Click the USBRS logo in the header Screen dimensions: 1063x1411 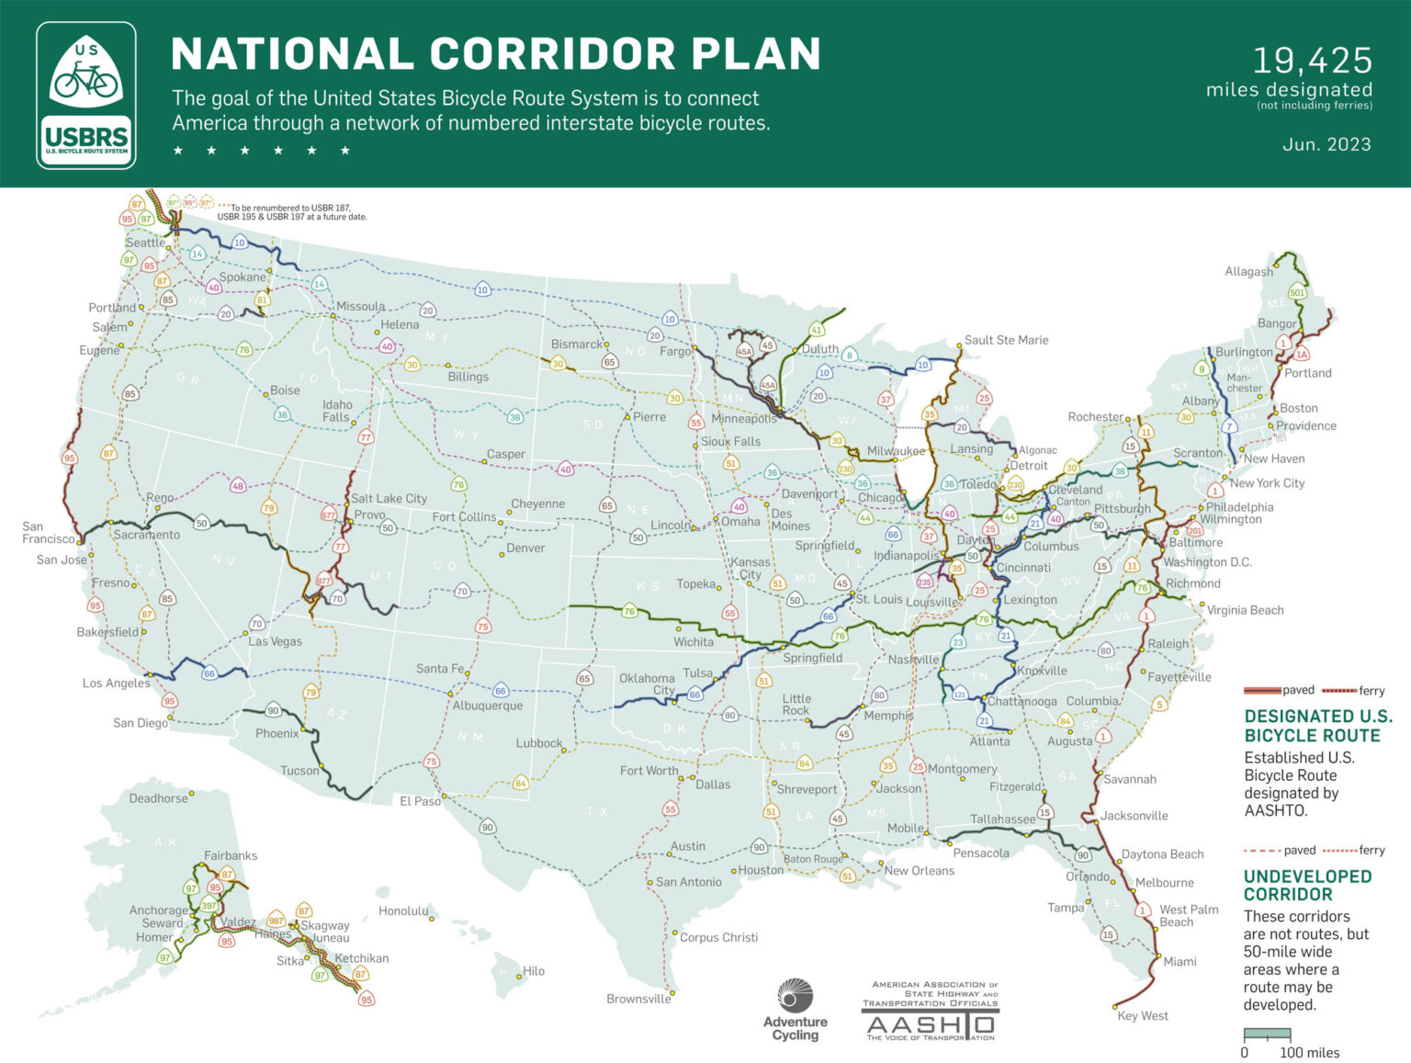86,96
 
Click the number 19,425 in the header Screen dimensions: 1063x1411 1312,61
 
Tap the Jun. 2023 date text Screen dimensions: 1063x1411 1326,144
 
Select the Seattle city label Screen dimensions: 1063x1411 145,243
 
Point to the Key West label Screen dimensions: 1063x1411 1143,1015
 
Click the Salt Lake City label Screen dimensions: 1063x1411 389,498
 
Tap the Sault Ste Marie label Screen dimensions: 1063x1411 1006,340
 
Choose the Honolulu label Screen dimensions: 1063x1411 403,911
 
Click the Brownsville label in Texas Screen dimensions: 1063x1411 638,999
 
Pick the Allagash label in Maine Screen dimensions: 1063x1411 1248,271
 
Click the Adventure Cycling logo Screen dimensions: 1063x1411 796,1010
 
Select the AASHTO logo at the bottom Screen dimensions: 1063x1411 930,1012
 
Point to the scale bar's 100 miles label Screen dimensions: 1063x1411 1309,1053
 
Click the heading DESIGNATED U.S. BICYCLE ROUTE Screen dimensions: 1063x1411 1318,726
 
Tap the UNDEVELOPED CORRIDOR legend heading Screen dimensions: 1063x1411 1307,886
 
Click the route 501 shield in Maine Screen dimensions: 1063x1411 1297,293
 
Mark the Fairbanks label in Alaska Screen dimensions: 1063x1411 231,855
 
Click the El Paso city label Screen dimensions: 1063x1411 420,801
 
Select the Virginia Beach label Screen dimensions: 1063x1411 1245,610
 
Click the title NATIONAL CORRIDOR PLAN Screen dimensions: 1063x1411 496,54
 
